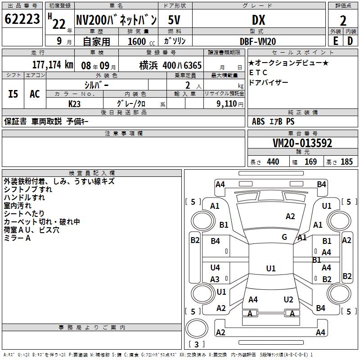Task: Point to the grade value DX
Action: coord(258,20)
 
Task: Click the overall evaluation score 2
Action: coord(343,21)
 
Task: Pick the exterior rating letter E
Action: coord(335,40)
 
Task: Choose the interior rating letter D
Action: coord(350,40)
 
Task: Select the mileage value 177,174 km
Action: coord(52,65)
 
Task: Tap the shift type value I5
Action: coord(13,94)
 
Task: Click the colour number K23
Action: coord(75,103)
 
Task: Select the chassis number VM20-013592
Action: coord(302,143)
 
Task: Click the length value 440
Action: coord(273,162)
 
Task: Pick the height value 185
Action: coord(346,162)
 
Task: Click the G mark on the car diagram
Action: coord(284,237)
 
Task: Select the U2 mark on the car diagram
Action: coord(288,299)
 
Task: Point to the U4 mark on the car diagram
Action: coord(215,268)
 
